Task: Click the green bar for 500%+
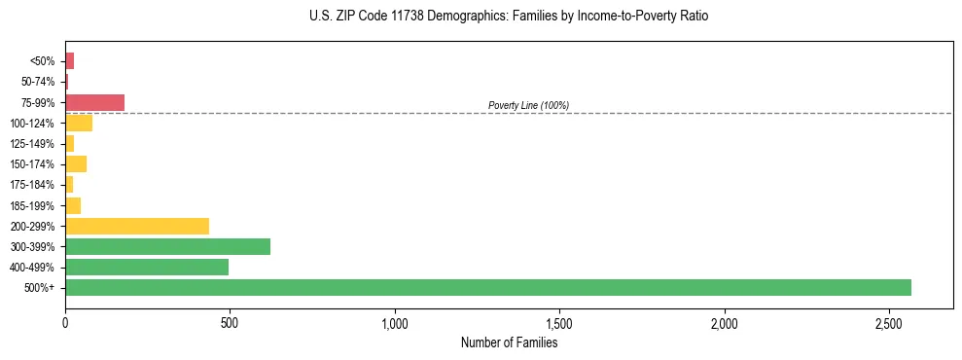point(487,287)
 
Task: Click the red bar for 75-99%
point(94,102)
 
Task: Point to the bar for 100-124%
point(79,123)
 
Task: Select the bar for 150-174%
point(76,163)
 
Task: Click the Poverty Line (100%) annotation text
point(528,105)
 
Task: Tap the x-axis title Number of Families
point(509,342)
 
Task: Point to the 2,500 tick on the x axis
point(889,322)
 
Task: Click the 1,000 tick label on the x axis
point(395,322)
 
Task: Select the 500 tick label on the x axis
point(230,322)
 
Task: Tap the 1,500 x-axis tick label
point(559,322)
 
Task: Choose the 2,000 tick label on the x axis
point(725,322)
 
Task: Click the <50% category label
point(44,61)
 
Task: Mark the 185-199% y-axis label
point(32,205)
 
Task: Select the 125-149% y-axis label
point(32,144)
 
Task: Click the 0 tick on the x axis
point(65,322)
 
